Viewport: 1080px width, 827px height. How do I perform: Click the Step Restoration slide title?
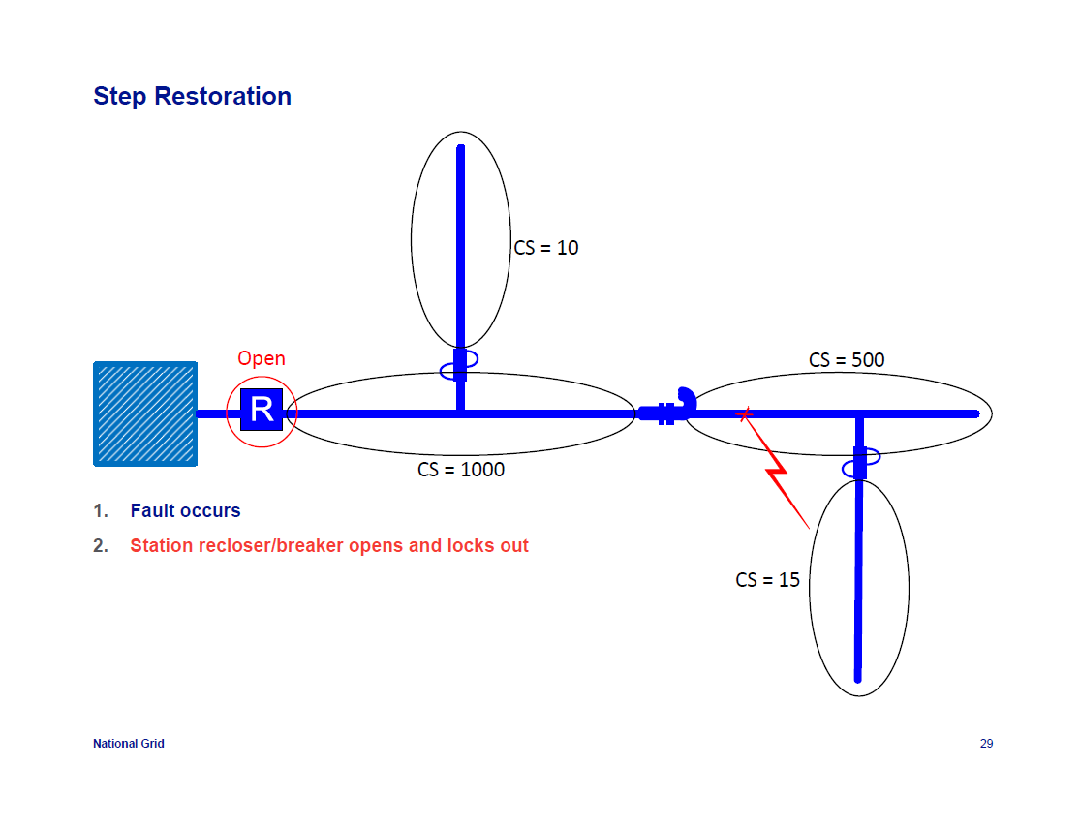192,97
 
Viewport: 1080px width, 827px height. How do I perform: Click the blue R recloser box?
262,410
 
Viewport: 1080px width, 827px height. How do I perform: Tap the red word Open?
262,358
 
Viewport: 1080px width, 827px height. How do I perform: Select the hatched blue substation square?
145,413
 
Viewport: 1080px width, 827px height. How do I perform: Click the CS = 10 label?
546,248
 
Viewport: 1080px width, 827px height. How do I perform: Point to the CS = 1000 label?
461,470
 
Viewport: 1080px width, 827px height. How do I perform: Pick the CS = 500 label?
847,360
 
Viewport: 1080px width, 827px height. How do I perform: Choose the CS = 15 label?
768,580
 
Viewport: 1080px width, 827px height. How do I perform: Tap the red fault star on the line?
745,414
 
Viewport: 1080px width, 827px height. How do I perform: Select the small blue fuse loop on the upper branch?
458,370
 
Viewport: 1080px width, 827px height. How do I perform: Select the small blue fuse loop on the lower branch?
860,469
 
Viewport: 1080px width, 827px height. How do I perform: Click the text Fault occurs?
185,510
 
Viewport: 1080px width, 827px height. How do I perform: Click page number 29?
986,744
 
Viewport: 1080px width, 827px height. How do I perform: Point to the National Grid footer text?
129,744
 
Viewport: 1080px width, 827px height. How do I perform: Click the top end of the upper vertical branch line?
461,149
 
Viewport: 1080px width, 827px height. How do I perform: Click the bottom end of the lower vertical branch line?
858,678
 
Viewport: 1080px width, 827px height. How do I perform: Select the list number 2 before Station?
99,545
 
